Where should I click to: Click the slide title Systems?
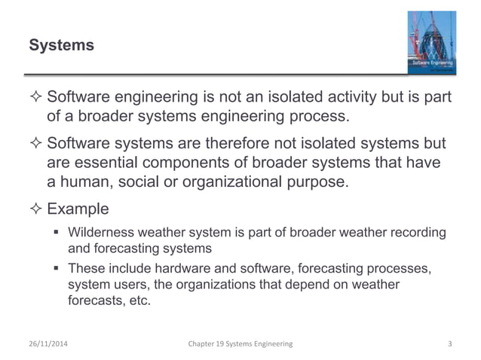(x=61, y=46)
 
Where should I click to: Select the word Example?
(x=78, y=209)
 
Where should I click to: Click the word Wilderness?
(x=101, y=232)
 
